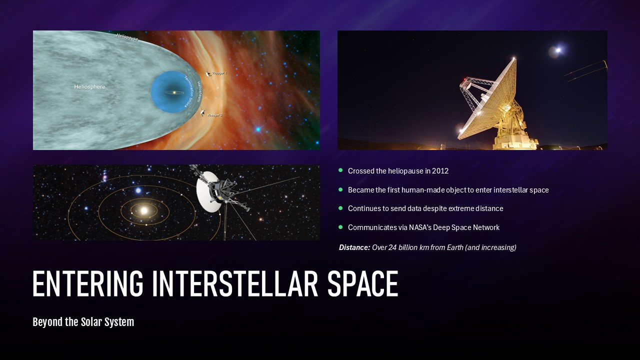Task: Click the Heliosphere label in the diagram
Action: click(x=89, y=87)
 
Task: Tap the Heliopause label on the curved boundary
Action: click(x=127, y=37)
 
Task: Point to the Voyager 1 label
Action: click(x=219, y=73)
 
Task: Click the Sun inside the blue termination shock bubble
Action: click(x=173, y=92)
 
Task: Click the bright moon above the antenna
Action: click(x=557, y=50)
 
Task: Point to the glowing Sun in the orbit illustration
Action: click(x=144, y=210)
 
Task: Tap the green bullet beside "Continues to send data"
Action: click(x=340, y=208)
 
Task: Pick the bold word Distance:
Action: click(x=354, y=247)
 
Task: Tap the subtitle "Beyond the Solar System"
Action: click(x=83, y=322)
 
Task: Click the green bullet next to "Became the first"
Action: click(x=340, y=189)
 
